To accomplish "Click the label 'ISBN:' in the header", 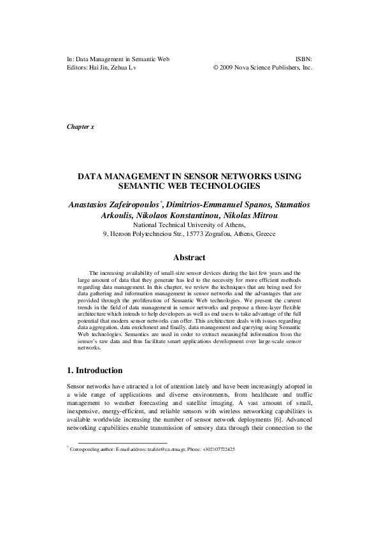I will point(304,58).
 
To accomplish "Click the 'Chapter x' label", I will point(80,126).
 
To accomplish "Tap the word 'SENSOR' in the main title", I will point(206,175).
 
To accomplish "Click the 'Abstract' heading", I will point(189,258).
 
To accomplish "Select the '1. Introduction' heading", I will point(99,371).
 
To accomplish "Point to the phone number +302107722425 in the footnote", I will point(214,450).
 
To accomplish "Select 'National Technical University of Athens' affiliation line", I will point(189,224).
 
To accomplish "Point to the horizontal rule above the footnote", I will point(122,443).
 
